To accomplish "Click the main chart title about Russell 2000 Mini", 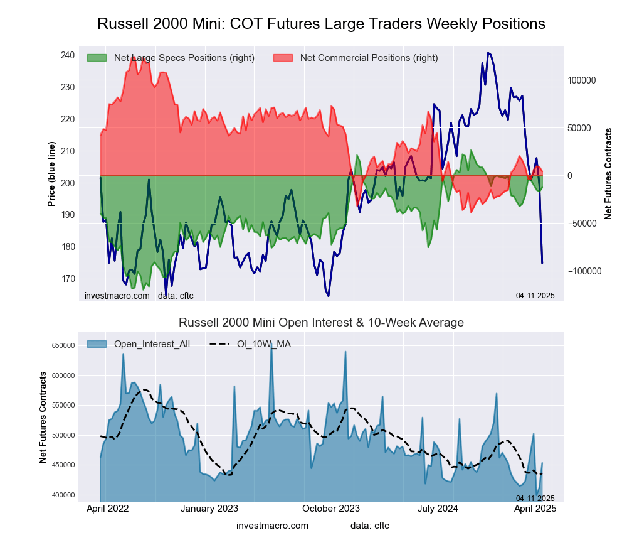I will coord(321,24).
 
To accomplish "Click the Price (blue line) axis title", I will coord(52,174).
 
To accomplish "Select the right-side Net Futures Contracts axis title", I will coord(608,174).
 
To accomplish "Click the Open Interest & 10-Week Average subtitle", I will coord(321,323).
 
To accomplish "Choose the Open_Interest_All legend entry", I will coord(151,343).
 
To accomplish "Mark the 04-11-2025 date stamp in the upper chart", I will coord(535,295).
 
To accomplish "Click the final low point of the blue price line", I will coord(542,263).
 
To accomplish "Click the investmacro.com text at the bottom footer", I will coord(272,526).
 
